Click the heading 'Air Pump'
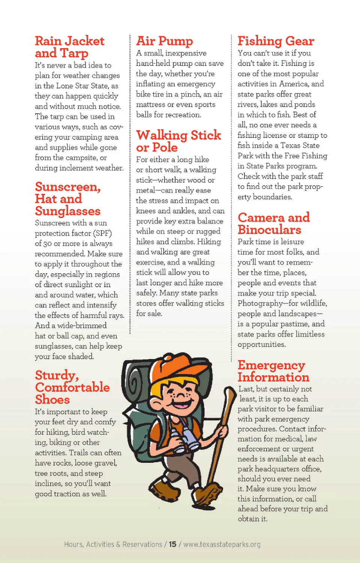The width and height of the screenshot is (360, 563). click(164, 41)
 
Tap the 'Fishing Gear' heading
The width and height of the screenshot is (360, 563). click(276, 41)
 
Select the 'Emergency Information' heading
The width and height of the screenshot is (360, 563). click(273, 371)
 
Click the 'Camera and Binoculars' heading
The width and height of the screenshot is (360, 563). click(273, 223)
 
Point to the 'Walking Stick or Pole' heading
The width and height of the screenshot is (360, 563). click(178, 141)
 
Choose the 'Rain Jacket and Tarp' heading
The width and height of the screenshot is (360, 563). click(69, 47)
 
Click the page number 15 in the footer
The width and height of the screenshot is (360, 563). click(172, 544)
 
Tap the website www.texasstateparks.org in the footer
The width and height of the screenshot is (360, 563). click(222, 544)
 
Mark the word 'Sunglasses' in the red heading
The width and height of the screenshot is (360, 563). click(67, 211)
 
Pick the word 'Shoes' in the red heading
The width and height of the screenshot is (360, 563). click(52, 400)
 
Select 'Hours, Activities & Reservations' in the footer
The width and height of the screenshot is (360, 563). click(113, 544)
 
